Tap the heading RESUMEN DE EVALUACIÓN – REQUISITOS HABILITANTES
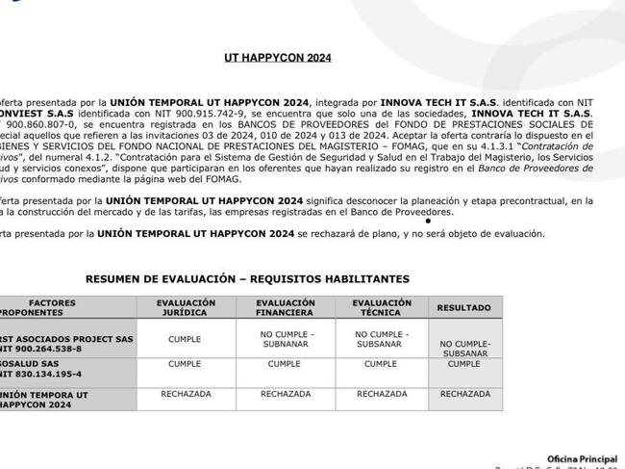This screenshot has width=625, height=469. (247, 278)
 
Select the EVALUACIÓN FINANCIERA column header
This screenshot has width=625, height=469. (285, 307)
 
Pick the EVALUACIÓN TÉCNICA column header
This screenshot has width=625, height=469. (382, 307)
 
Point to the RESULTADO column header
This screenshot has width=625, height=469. (463, 308)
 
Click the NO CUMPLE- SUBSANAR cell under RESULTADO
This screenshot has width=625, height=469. (464, 348)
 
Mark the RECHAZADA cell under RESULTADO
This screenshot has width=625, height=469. (464, 394)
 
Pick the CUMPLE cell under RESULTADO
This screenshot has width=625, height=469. (464, 364)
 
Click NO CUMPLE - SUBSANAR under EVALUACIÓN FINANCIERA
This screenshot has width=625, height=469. (285, 339)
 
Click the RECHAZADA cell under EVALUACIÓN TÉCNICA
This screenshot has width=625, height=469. (382, 394)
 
